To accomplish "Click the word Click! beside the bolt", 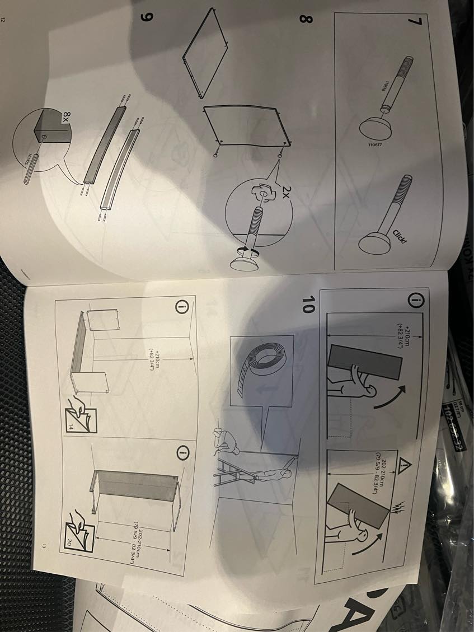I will pos(399,235).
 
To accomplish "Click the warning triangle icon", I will pos(405,466).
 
